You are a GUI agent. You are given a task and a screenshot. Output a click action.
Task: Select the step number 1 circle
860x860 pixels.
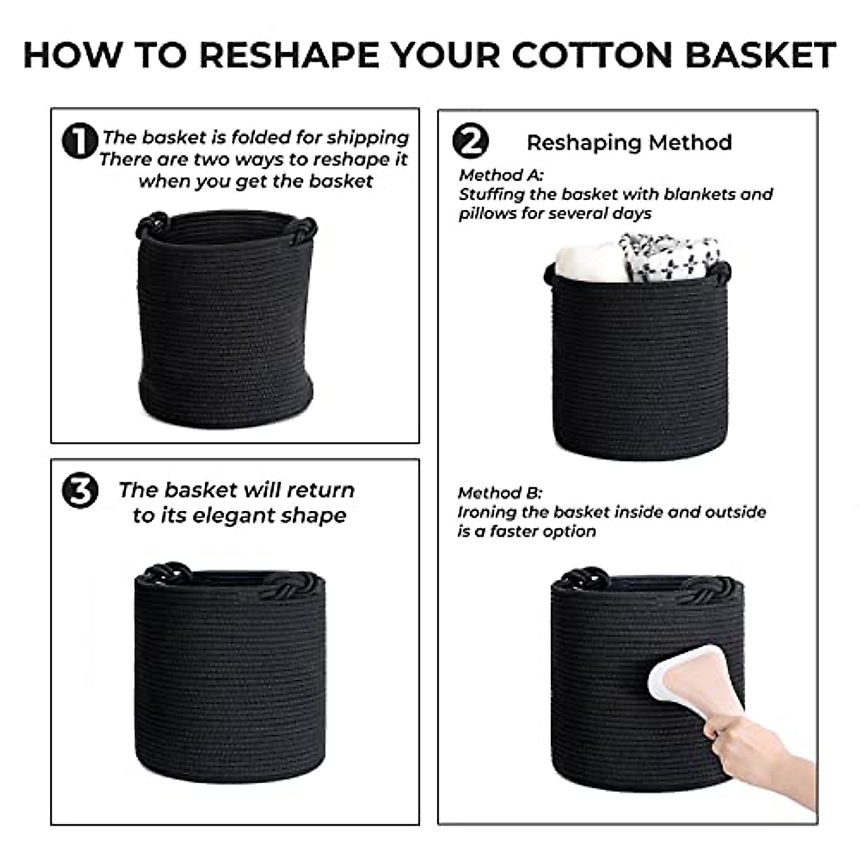click(80, 140)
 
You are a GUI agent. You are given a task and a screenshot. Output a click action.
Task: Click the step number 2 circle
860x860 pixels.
click(470, 140)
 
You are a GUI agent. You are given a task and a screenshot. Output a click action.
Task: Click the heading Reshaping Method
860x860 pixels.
click(629, 143)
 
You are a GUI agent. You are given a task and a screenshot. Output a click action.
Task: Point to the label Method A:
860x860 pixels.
click(502, 175)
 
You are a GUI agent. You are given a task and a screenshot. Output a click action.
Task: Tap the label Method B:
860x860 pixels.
click(500, 493)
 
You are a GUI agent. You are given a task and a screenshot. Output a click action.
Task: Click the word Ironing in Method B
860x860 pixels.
click(487, 512)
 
